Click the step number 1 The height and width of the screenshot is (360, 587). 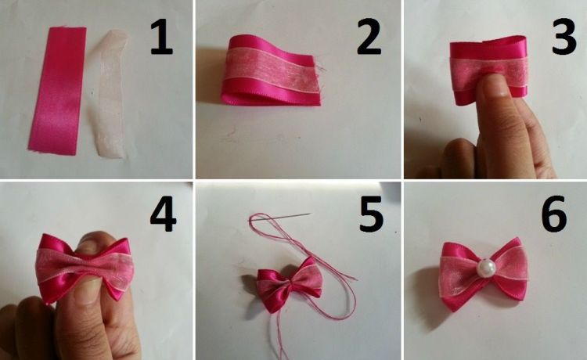(x=161, y=38)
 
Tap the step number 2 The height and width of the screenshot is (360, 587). (x=369, y=37)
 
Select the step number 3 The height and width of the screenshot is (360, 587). (x=564, y=37)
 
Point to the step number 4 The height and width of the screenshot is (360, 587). (x=164, y=215)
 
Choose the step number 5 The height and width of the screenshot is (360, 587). (x=371, y=214)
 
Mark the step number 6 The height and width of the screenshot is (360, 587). (x=554, y=214)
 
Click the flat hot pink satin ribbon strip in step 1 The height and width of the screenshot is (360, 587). (x=57, y=91)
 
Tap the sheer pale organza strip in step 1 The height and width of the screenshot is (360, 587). (x=110, y=94)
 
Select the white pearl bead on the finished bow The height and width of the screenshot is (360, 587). (x=486, y=268)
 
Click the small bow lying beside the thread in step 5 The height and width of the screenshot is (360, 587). (x=290, y=284)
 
